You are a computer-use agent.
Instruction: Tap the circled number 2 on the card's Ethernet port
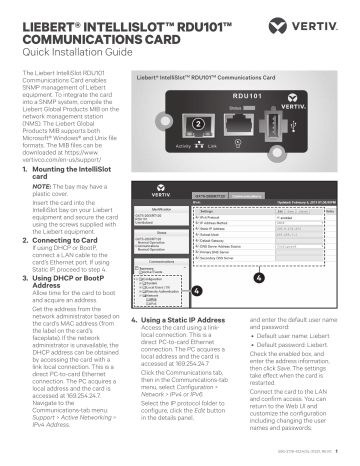200,124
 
